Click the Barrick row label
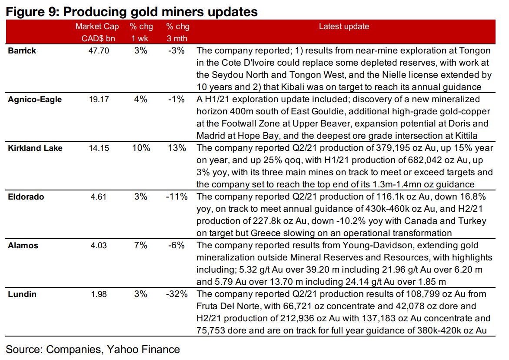click(22, 50)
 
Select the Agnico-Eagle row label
click(35, 99)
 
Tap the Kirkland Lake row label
click(35, 148)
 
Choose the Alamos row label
click(23, 245)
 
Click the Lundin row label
click(22, 294)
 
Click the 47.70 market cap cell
click(97, 50)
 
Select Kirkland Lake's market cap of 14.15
click(97, 148)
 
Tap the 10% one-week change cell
click(140, 148)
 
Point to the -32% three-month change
click(177, 294)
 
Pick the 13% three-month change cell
click(178, 148)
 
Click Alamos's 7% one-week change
click(140, 245)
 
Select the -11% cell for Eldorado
click(177, 197)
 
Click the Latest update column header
click(344, 27)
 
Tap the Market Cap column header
click(97, 27)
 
